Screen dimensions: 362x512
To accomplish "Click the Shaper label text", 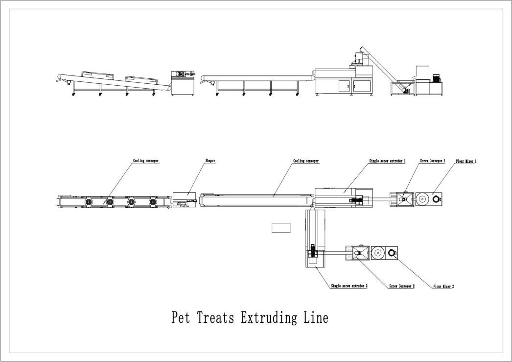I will click(x=210, y=160).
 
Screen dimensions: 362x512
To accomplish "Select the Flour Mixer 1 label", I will click(x=466, y=160).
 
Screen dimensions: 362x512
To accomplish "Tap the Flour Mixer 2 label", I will click(x=443, y=286).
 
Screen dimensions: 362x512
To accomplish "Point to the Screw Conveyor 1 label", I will click(x=433, y=160).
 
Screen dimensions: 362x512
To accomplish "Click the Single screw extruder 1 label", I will click(x=387, y=160).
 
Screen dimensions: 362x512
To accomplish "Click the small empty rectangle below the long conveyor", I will click(x=281, y=227).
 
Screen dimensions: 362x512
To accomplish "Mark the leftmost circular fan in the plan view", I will click(x=89, y=202).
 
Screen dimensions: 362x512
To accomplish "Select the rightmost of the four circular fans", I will click(x=153, y=202).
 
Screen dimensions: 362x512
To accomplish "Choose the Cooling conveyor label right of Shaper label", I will click(x=306, y=160).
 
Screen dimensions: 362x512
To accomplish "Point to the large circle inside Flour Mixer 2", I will click(x=377, y=253).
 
